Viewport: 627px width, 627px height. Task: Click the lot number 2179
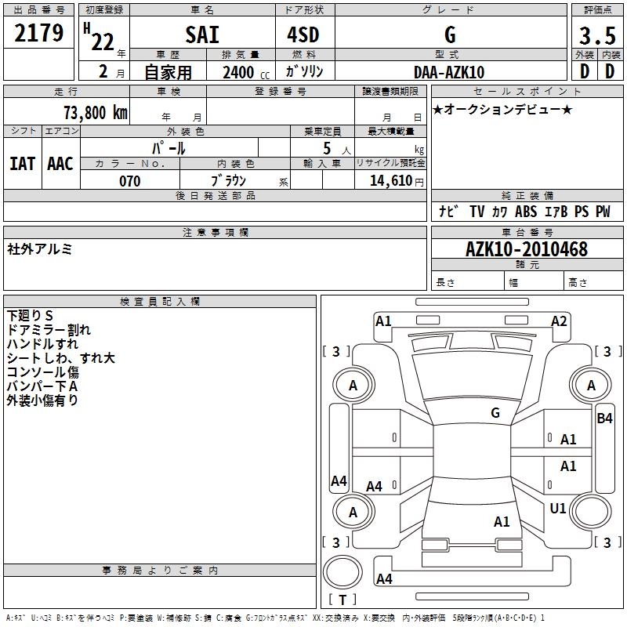[38, 33]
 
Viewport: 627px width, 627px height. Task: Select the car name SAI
[202, 34]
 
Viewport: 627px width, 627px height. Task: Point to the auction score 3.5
[597, 36]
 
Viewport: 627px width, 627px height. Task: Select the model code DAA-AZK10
[449, 72]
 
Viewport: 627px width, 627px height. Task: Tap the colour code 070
[129, 181]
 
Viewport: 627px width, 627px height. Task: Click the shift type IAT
[22, 164]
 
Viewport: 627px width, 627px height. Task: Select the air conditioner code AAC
[60, 164]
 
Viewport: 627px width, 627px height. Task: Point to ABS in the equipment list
[526, 212]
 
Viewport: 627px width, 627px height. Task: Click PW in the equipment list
[603, 212]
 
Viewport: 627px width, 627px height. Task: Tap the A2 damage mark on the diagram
[559, 321]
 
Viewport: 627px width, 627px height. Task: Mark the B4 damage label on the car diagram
[604, 418]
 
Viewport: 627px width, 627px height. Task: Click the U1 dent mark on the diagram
[558, 509]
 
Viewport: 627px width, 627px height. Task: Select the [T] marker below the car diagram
[342, 600]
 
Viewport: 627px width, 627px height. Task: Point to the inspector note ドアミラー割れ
[49, 329]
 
